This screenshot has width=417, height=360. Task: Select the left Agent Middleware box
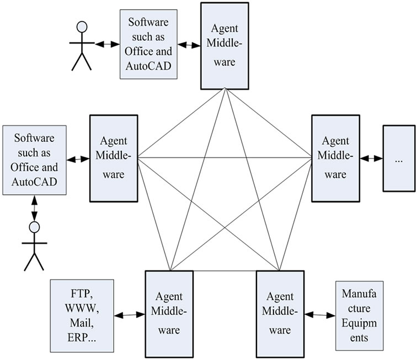point(113,158)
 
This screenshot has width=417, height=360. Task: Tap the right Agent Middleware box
point(335,158)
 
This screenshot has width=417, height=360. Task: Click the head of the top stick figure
point(82,27)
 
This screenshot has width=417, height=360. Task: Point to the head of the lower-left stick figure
point(35,226)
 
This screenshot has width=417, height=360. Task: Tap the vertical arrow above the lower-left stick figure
point(35,207)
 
